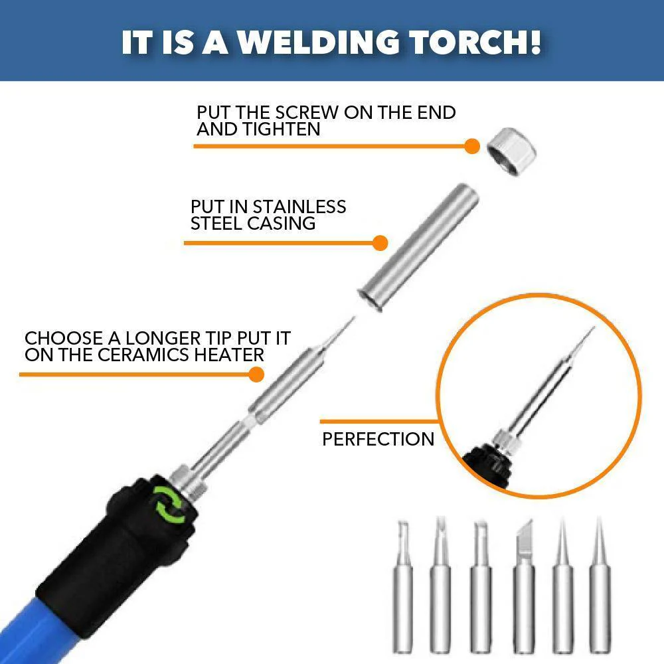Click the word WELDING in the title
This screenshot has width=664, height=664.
(318, 42)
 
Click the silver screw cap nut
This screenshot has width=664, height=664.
(511, 151)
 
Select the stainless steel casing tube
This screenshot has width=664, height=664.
(418, 247)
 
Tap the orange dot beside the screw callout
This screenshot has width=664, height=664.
(471, 147)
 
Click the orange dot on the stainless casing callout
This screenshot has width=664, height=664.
(380, 243)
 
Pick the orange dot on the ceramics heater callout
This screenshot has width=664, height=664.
(256, 374)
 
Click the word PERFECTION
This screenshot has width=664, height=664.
(378, 439)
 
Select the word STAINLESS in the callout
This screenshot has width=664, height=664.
(299, 207)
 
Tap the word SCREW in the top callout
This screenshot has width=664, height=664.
(307, 113)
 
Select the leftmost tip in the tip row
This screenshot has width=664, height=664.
(403, 586)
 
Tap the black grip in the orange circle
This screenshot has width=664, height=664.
(487, 466)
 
